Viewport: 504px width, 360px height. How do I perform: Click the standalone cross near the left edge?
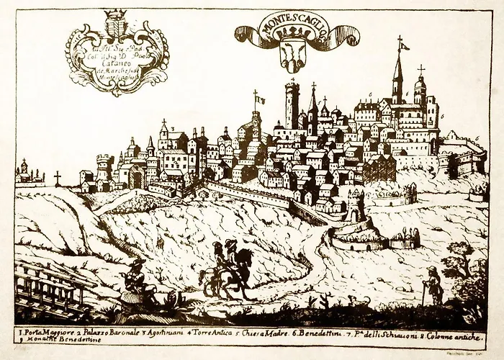pyautogui.click(x=58, y=177)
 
